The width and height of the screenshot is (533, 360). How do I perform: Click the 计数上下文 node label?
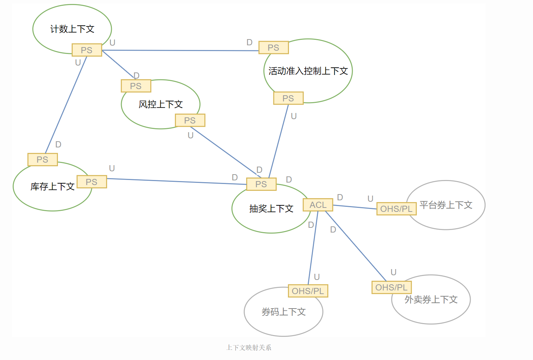[72, 29]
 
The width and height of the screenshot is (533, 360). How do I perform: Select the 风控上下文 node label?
[160, 104]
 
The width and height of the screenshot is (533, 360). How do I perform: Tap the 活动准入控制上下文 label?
[308, 71]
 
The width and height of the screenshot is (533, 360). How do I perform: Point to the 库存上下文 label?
[53, 187]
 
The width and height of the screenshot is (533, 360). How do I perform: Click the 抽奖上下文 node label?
[271, 209]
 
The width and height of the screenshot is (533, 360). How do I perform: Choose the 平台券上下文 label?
[446, 205]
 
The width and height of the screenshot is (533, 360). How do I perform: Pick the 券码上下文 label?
[284, 312]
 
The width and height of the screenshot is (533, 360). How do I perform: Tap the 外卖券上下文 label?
[431, 300]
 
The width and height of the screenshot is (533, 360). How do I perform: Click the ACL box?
[318, 205]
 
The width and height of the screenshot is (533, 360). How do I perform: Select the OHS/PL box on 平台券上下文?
[396, 209]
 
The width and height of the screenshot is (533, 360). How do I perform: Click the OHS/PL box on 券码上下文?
[308, 291]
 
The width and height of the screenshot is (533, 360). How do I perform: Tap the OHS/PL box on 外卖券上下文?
[391, 288]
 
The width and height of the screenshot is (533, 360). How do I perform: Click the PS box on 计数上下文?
[87, 50]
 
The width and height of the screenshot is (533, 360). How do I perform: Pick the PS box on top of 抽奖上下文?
[261, 184]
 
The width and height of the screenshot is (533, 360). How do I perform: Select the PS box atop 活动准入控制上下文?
[273, 47]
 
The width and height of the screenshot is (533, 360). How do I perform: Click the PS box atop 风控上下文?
[136, 86]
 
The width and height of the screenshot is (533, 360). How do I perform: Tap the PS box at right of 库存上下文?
[92, 182]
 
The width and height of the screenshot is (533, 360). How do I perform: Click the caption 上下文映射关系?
[249, 348]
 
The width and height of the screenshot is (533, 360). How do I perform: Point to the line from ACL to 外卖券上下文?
[356, 246]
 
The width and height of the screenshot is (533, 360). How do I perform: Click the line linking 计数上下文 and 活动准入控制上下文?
[181, 50]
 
